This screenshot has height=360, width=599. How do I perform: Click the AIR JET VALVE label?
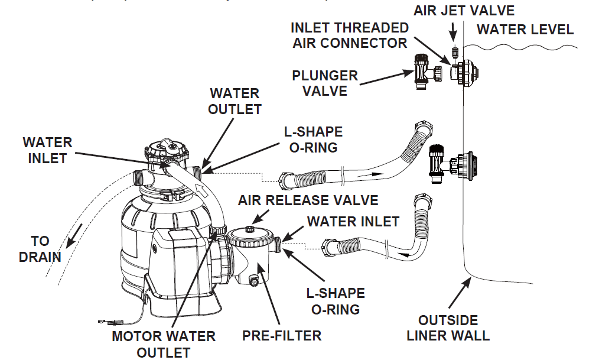pos(464,10)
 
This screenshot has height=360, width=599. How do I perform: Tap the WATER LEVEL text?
pos(525,29)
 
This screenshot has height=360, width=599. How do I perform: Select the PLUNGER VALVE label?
pos(325,83)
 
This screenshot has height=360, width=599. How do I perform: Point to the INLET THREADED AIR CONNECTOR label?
pos(350,35)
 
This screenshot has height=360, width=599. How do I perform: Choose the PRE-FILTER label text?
pos(282,336)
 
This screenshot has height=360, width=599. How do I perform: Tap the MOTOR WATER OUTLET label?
pos(164,344)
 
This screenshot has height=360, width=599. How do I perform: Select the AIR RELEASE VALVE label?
pos(308,200)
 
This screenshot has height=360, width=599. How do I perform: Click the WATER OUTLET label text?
pos(235,101)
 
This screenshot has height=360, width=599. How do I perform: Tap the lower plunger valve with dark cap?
pos(436,163)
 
